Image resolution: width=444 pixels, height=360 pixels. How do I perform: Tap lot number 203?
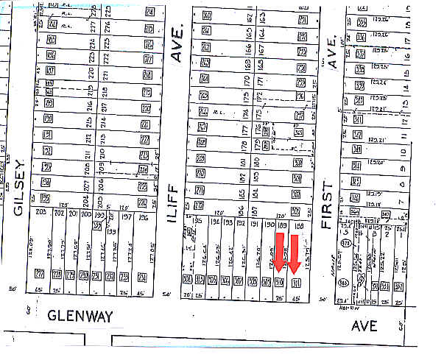coord(40,212)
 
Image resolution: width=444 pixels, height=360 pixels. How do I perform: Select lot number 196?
coord(144,217)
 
